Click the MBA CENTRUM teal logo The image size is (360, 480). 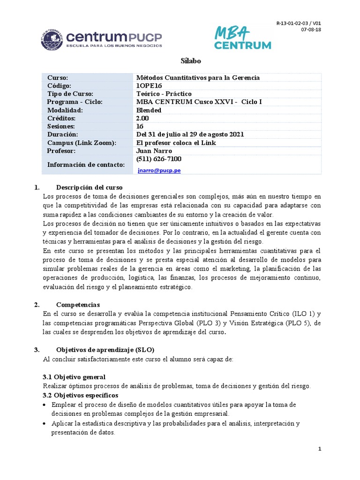click(242, 37)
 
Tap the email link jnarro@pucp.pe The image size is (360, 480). click(159, 171)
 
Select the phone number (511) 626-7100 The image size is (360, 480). click(158, 159)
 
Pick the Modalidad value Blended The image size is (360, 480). click(149, 110)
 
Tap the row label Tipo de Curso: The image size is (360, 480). click(70, 94)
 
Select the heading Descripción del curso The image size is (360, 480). click(89, 187)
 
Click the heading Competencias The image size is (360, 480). click(78, 305)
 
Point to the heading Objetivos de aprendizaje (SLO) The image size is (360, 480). click(105, 350)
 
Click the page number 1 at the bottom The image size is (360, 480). click(319, 449)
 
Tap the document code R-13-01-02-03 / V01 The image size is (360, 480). click(299, 23)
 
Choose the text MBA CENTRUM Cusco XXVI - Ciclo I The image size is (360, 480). click(199, 102)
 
